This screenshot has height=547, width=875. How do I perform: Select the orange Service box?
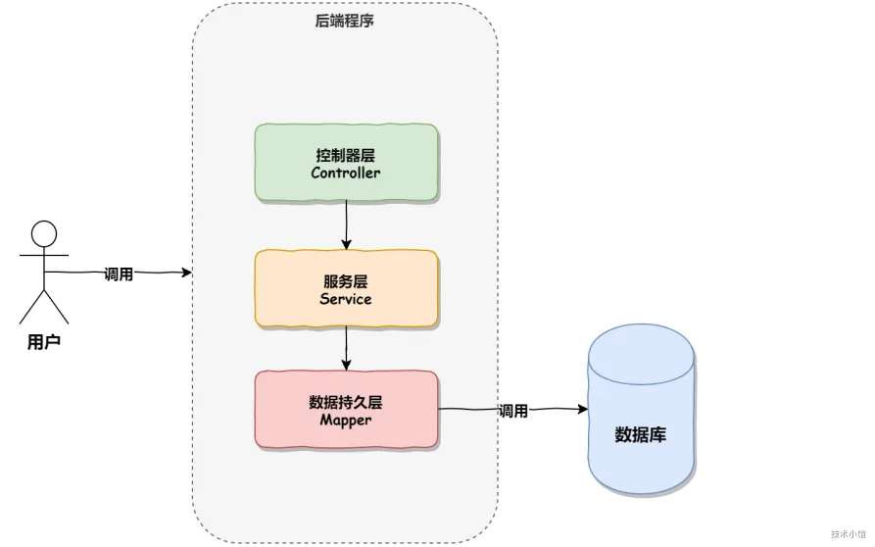[346, 288]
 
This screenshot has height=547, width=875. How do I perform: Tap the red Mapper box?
[346, 411]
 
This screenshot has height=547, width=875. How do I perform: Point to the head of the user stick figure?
[44, 233]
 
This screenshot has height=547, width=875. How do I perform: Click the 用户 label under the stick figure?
[44, 342]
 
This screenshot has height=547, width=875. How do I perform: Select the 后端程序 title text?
[344, 20]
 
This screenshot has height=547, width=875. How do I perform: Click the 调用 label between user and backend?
[119, 274]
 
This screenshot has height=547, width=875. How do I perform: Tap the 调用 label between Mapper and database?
[512, 411]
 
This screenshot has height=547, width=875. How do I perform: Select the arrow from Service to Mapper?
[346, 349]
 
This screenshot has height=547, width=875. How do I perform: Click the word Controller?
[346, 174]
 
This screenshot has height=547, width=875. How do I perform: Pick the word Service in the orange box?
[346, 298]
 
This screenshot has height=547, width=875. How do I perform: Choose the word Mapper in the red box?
[346, 421]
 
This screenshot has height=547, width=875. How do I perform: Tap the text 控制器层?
[346, 155]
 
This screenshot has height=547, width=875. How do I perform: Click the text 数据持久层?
[346, 402]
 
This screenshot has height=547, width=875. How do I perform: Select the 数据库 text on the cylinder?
[640, 434]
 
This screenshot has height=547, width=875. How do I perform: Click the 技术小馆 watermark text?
[848, 534]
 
